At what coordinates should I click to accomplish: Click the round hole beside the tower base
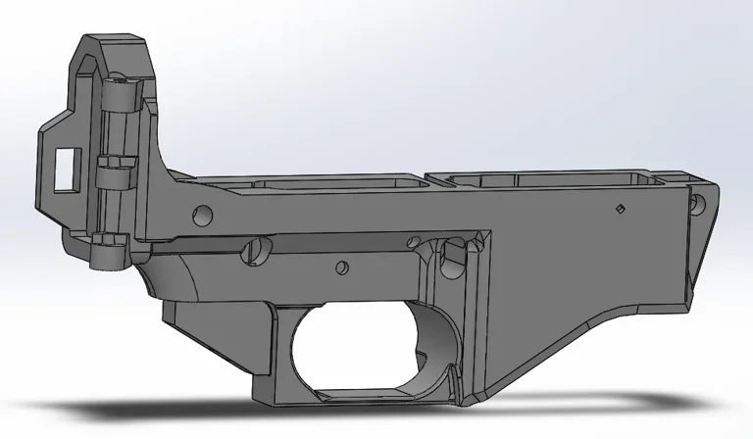pos(203,213)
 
